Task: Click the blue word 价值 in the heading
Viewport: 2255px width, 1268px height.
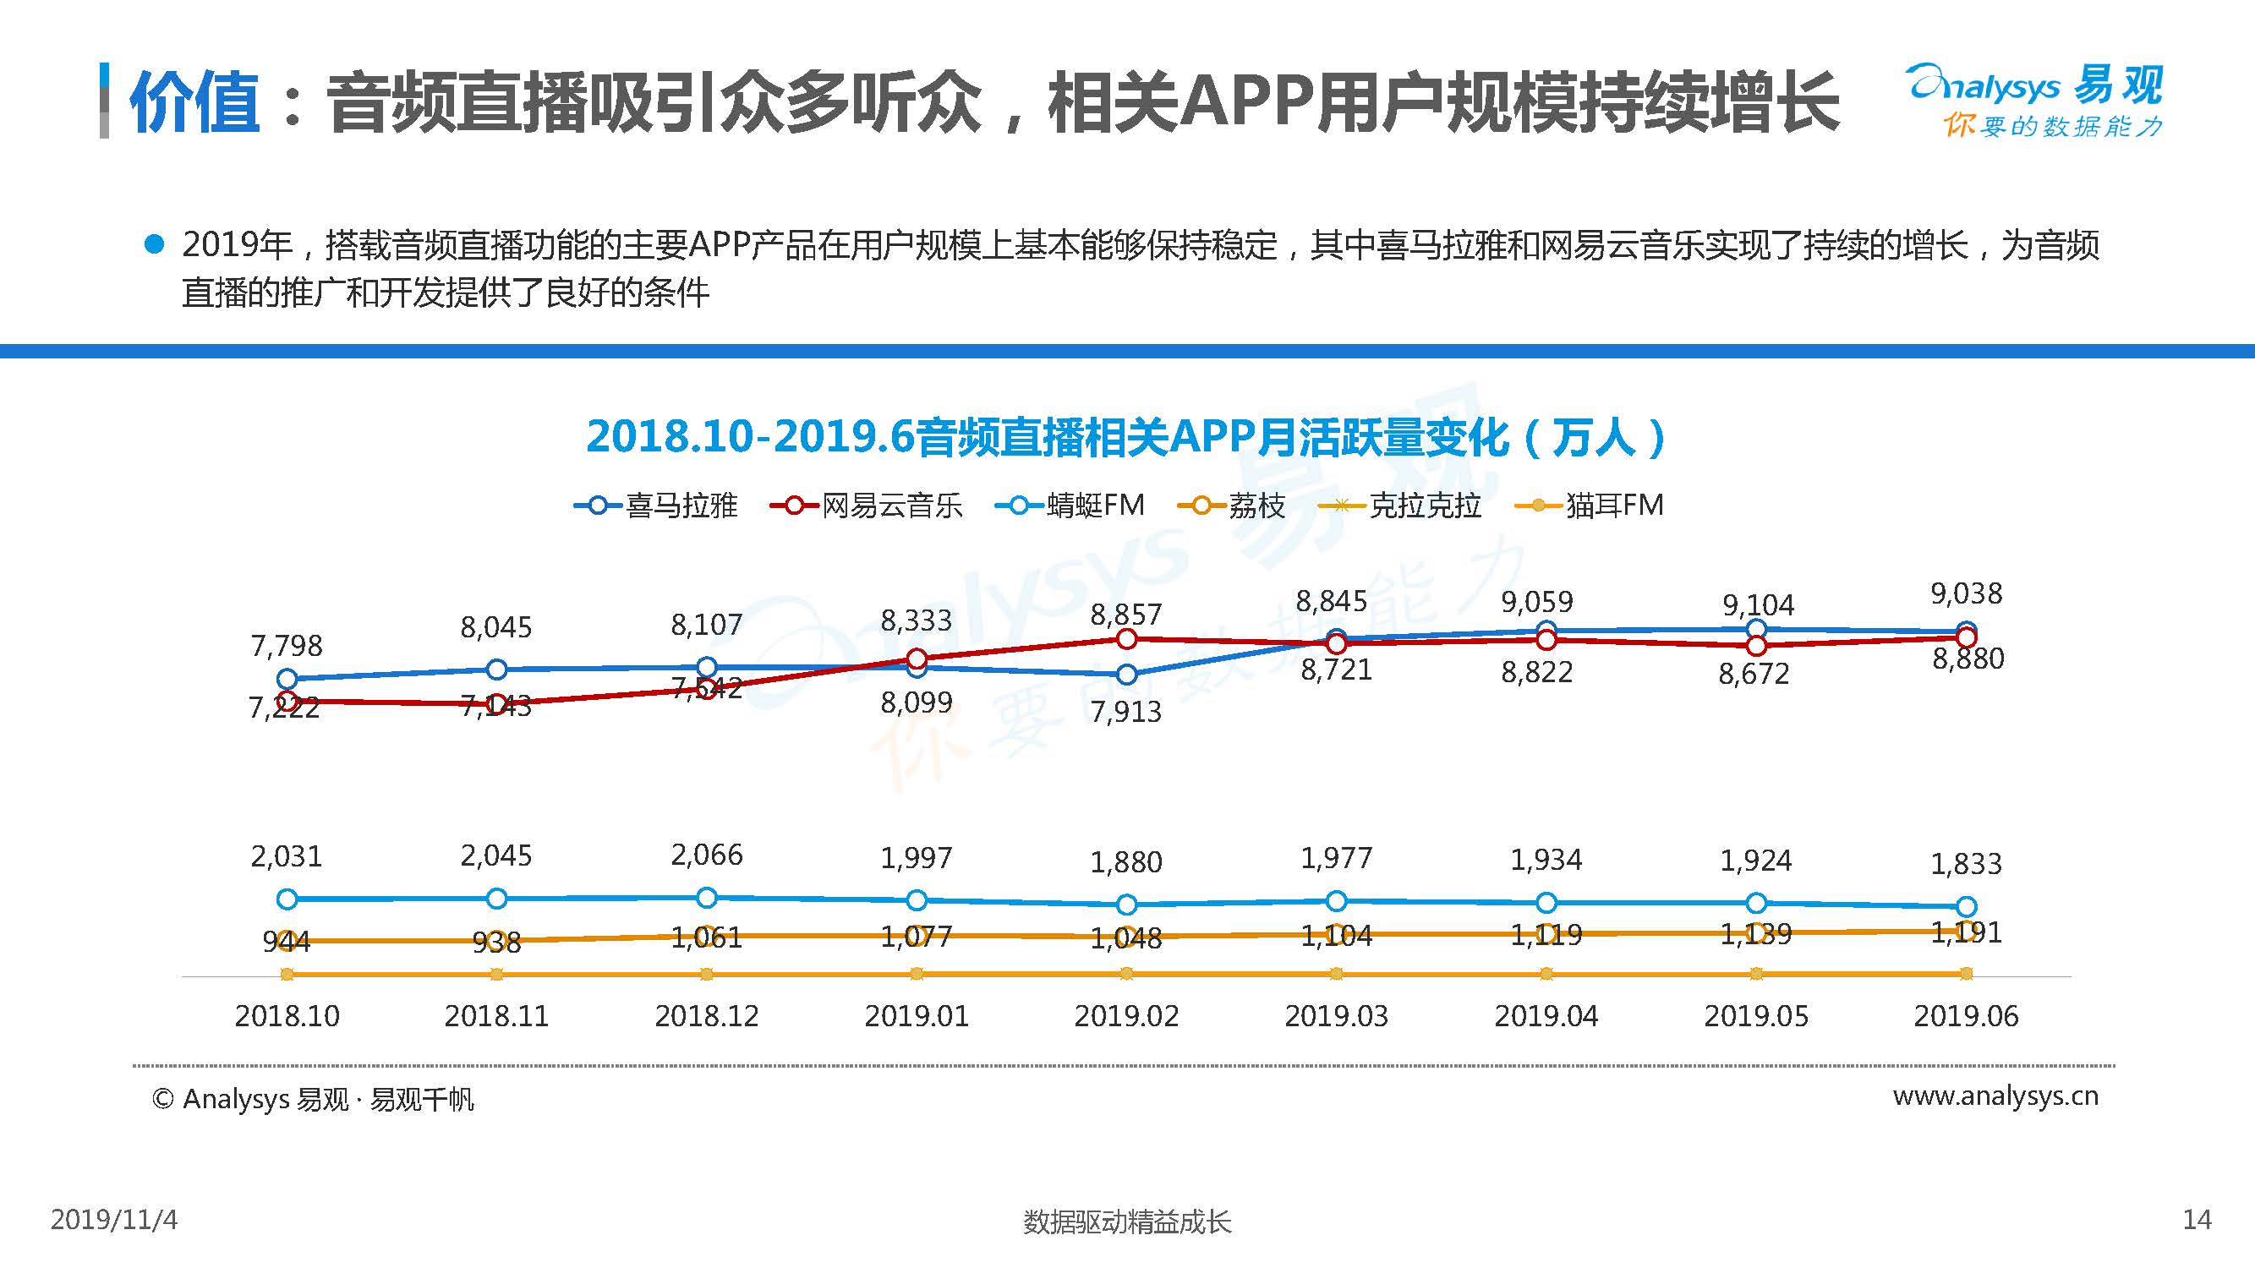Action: (194, 103)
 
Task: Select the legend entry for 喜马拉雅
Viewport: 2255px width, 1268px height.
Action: (656, 506)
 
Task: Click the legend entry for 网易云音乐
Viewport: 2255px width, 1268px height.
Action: (867, 506)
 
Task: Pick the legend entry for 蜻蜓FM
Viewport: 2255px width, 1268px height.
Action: (1070, 506)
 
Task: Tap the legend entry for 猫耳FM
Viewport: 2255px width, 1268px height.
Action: (1590, 506)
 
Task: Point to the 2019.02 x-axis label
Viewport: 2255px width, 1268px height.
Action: (1125, 1016)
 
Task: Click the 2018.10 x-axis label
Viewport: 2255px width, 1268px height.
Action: (287, 1016)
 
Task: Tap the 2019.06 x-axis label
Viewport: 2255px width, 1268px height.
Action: (1965, 1016)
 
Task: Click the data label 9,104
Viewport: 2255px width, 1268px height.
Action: (1758, 604)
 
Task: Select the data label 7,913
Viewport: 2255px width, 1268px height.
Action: (1125, 712)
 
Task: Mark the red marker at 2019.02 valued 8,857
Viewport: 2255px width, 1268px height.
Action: (1126, 640)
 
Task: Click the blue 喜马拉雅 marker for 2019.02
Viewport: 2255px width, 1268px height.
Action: (1126, 675)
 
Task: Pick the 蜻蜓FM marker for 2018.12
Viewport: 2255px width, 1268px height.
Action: (707, 898)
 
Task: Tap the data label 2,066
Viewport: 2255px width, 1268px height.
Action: (707, 855)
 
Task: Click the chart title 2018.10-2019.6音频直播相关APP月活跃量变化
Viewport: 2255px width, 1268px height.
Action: (1125, 437)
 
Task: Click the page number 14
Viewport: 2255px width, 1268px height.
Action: (2197, 1220)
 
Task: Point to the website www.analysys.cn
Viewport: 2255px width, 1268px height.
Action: (1995, 1096)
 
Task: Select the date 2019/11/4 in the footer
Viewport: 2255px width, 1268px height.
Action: (114, 1220)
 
